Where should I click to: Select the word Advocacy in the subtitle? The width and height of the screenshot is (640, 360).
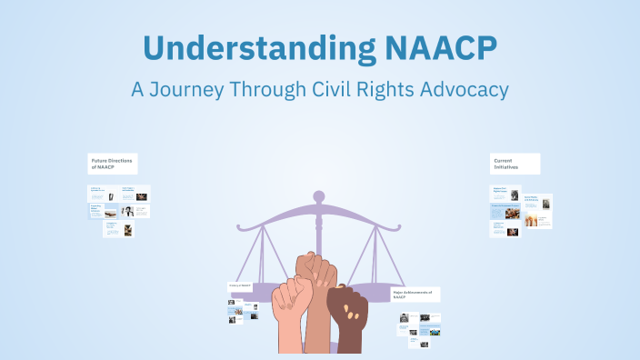[458, 90]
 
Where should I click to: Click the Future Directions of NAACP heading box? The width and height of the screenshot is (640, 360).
[113, 164]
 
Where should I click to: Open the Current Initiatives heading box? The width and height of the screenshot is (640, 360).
[515, 164]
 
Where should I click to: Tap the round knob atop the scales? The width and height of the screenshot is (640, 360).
[318, 195]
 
